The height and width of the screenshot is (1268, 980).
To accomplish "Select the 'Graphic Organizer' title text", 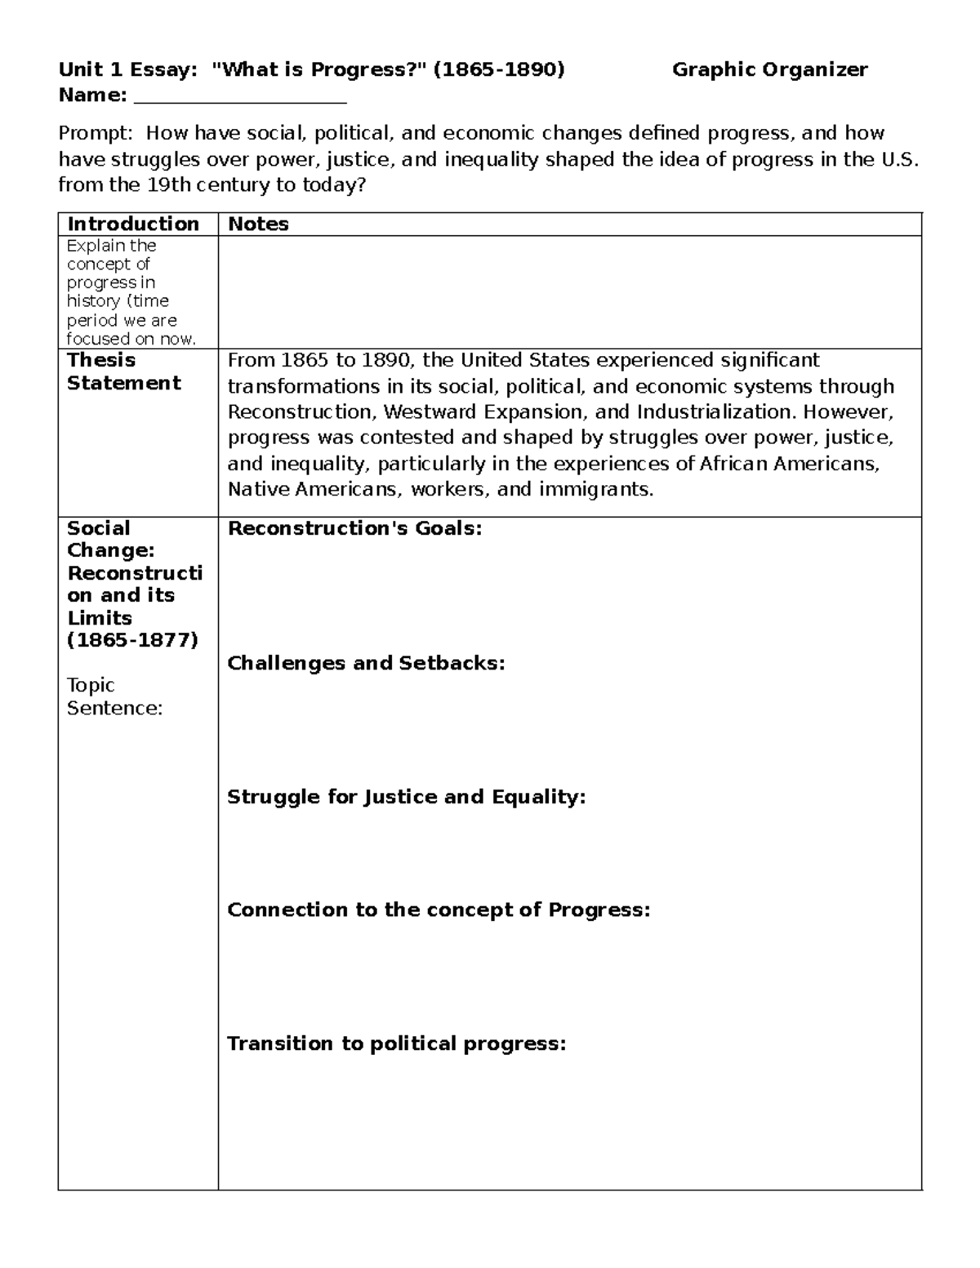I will click(x=769, y=70).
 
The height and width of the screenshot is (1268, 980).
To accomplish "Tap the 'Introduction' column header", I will click(x=133, y=225).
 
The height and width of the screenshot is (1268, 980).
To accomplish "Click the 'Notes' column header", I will click(x=258, y=225).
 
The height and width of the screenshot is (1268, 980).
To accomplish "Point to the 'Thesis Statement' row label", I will click(x=123, y=372).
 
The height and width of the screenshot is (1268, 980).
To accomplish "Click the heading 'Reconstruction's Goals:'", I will click(x=354, y=529).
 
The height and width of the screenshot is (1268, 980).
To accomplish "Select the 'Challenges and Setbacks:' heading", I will click(x=366, y=663).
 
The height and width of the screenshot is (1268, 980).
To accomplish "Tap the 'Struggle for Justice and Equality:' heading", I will click(x=406, y=797).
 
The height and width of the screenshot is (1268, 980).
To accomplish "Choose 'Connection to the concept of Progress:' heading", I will click(x=439, y=910).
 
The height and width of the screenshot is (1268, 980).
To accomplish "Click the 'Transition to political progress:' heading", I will click(x=396, y=1043).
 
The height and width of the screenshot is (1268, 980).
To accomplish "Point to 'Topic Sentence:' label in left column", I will click(x=114, y=696).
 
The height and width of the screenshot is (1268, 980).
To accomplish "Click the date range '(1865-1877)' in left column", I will click(x=132, y=640).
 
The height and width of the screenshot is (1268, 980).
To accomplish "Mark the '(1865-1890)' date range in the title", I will click(x=498, y=70).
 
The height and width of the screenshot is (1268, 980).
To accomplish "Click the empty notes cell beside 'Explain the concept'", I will click(x=569, y=292).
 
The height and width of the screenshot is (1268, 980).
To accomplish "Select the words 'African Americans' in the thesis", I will click(x=788, y=464).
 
